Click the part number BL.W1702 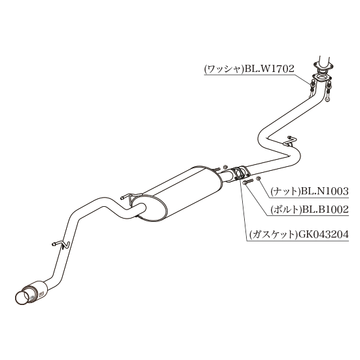269,69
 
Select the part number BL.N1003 325,191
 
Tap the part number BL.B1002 325,209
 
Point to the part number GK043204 321,234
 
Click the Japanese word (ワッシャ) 224,69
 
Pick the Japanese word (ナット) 285,191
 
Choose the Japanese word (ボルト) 285,209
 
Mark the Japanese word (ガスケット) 272,234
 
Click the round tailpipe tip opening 22,298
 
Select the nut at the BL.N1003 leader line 259,178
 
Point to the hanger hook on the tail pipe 62,244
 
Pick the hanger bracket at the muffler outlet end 130,197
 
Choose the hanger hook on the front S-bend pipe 290,141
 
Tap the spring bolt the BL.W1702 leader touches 312,88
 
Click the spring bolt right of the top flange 329,92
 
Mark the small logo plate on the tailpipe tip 42,295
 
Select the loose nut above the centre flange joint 225,167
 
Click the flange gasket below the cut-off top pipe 321,78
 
